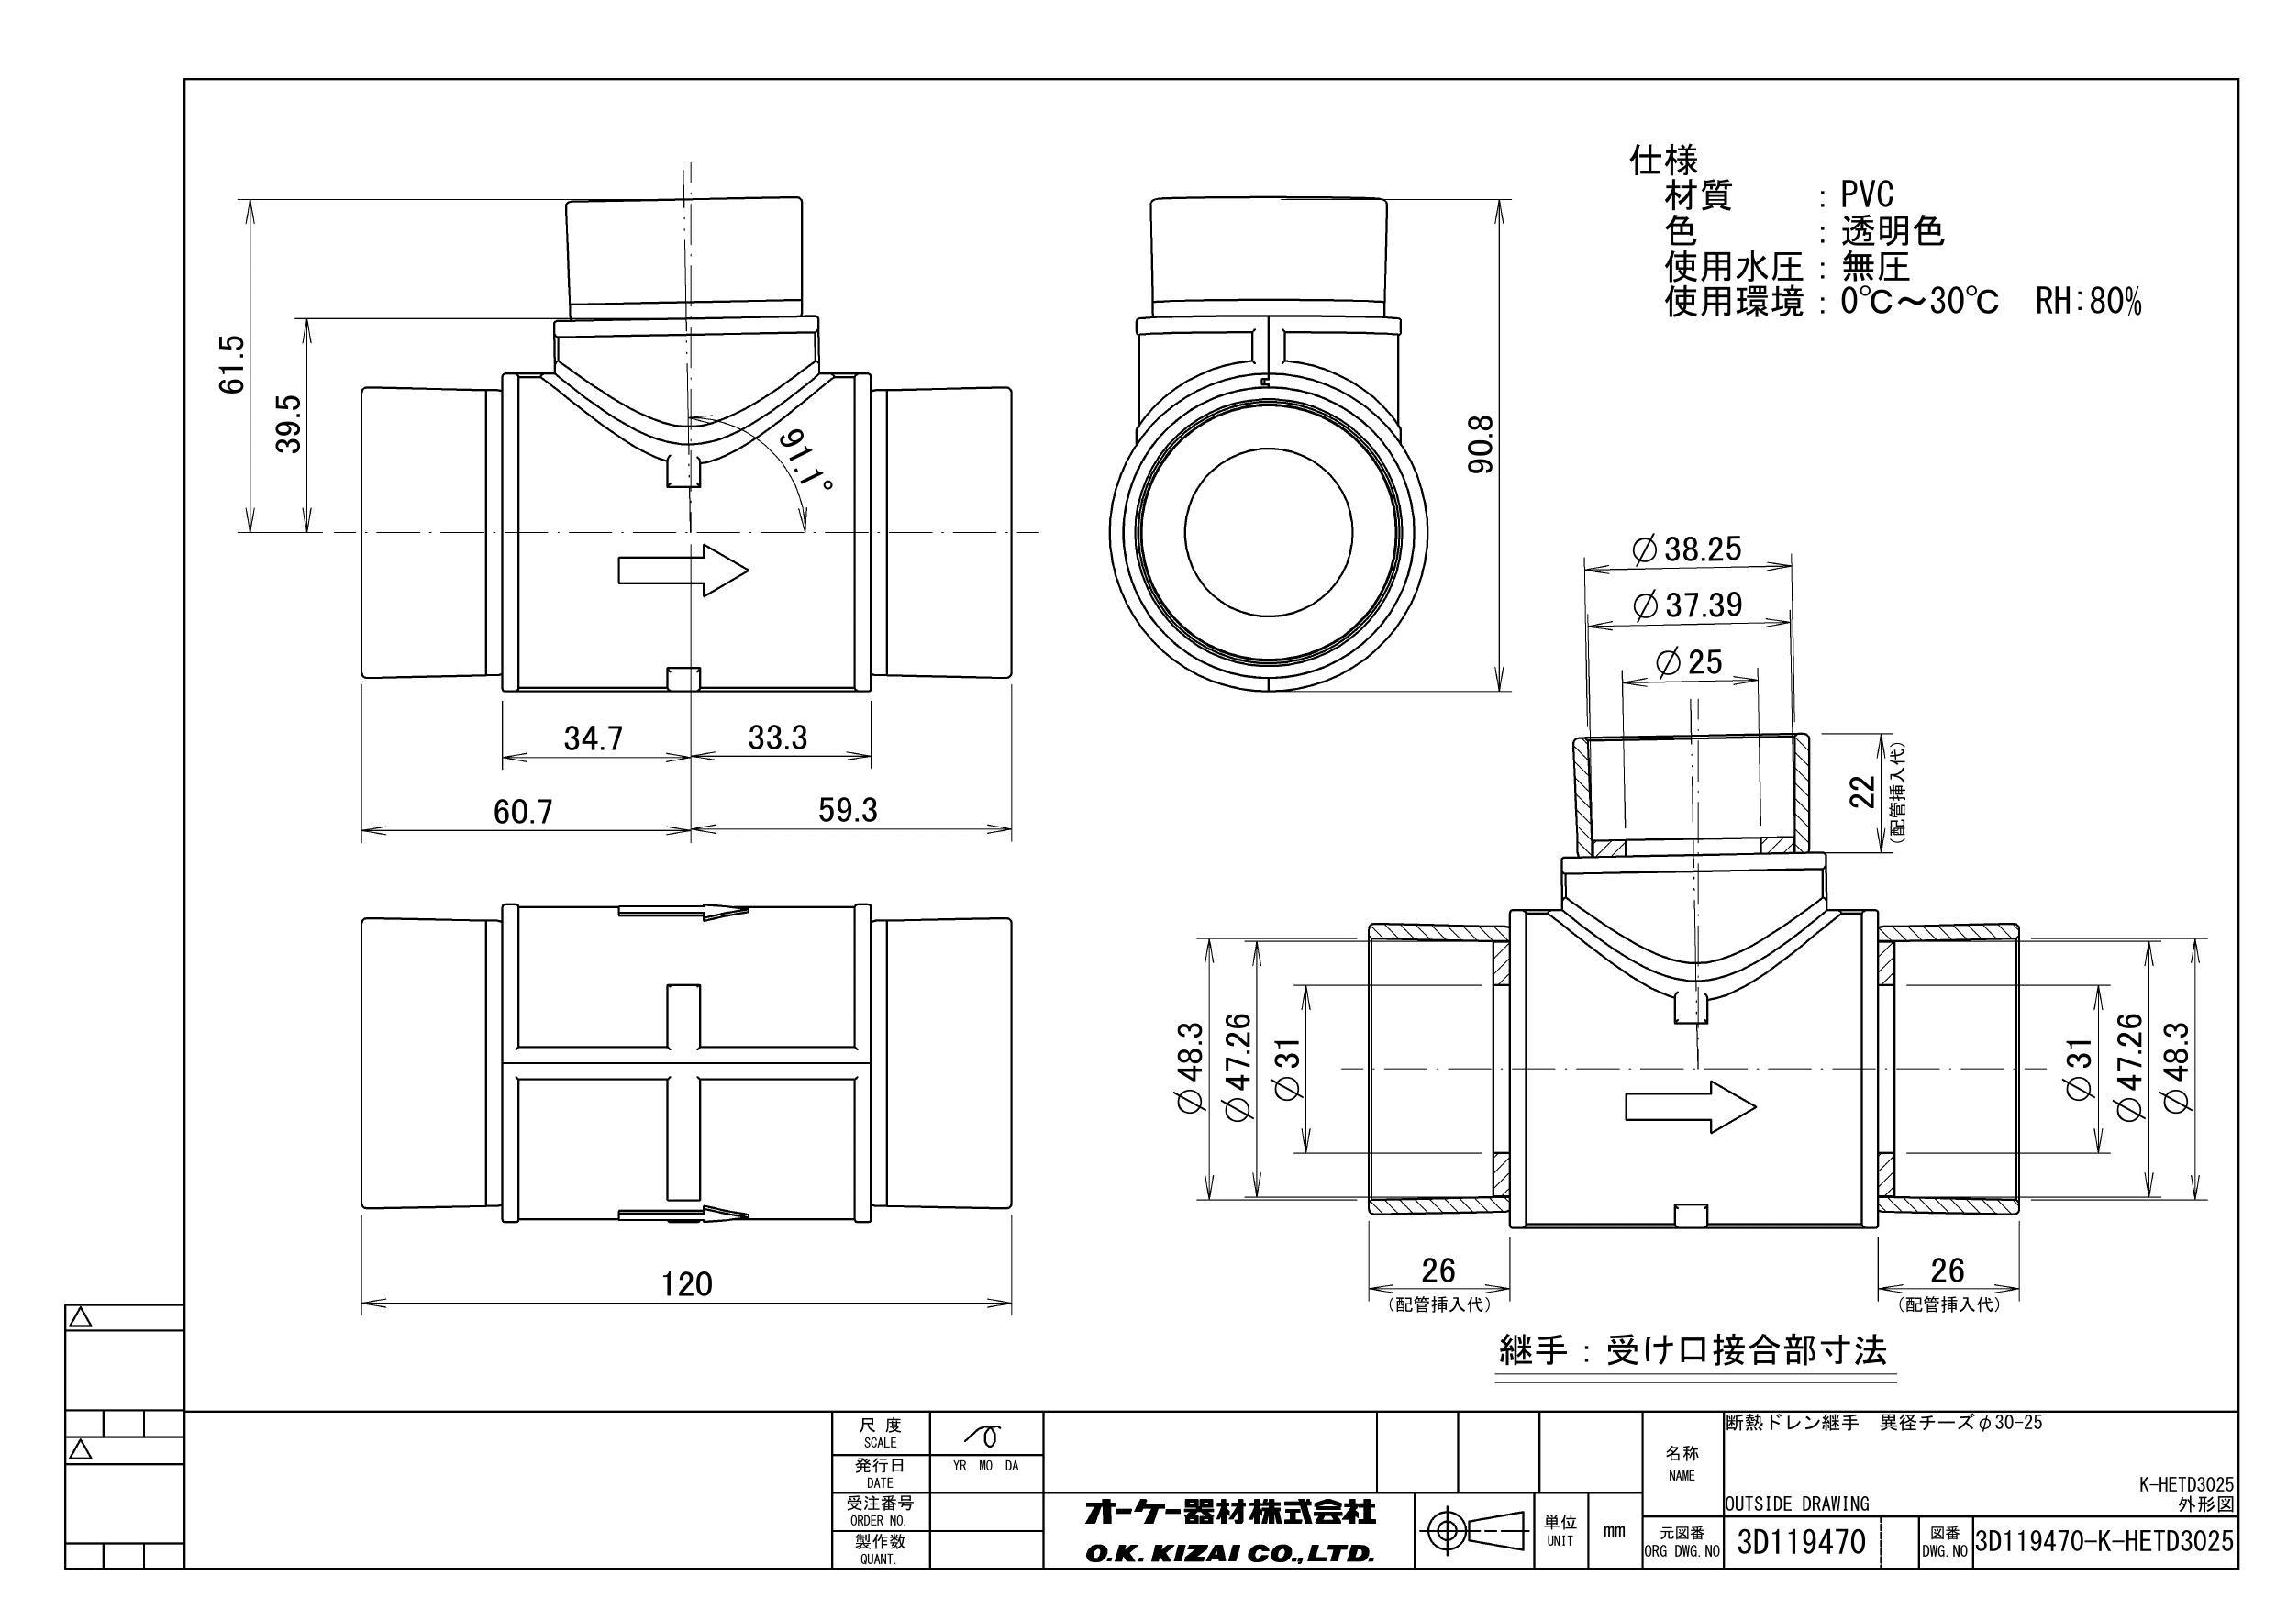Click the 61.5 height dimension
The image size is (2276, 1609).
point(231,365)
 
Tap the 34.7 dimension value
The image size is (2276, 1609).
point(593,738)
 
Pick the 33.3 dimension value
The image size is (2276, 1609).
point(777,738)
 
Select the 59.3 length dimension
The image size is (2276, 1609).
point(848,811)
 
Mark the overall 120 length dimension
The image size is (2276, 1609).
point(686,1285)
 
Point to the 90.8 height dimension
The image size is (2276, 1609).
point(1480,443)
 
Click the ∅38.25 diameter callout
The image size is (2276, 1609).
point(1686,549)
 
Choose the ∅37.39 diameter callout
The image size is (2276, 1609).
point(1686,605)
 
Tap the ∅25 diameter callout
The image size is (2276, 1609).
point(1689,662)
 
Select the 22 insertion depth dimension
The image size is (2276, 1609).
point(1863,791)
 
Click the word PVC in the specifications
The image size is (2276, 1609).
point(1867,195)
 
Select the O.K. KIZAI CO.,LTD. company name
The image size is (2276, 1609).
point(1229,1553)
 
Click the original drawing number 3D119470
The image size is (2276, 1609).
point(1801,1543)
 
